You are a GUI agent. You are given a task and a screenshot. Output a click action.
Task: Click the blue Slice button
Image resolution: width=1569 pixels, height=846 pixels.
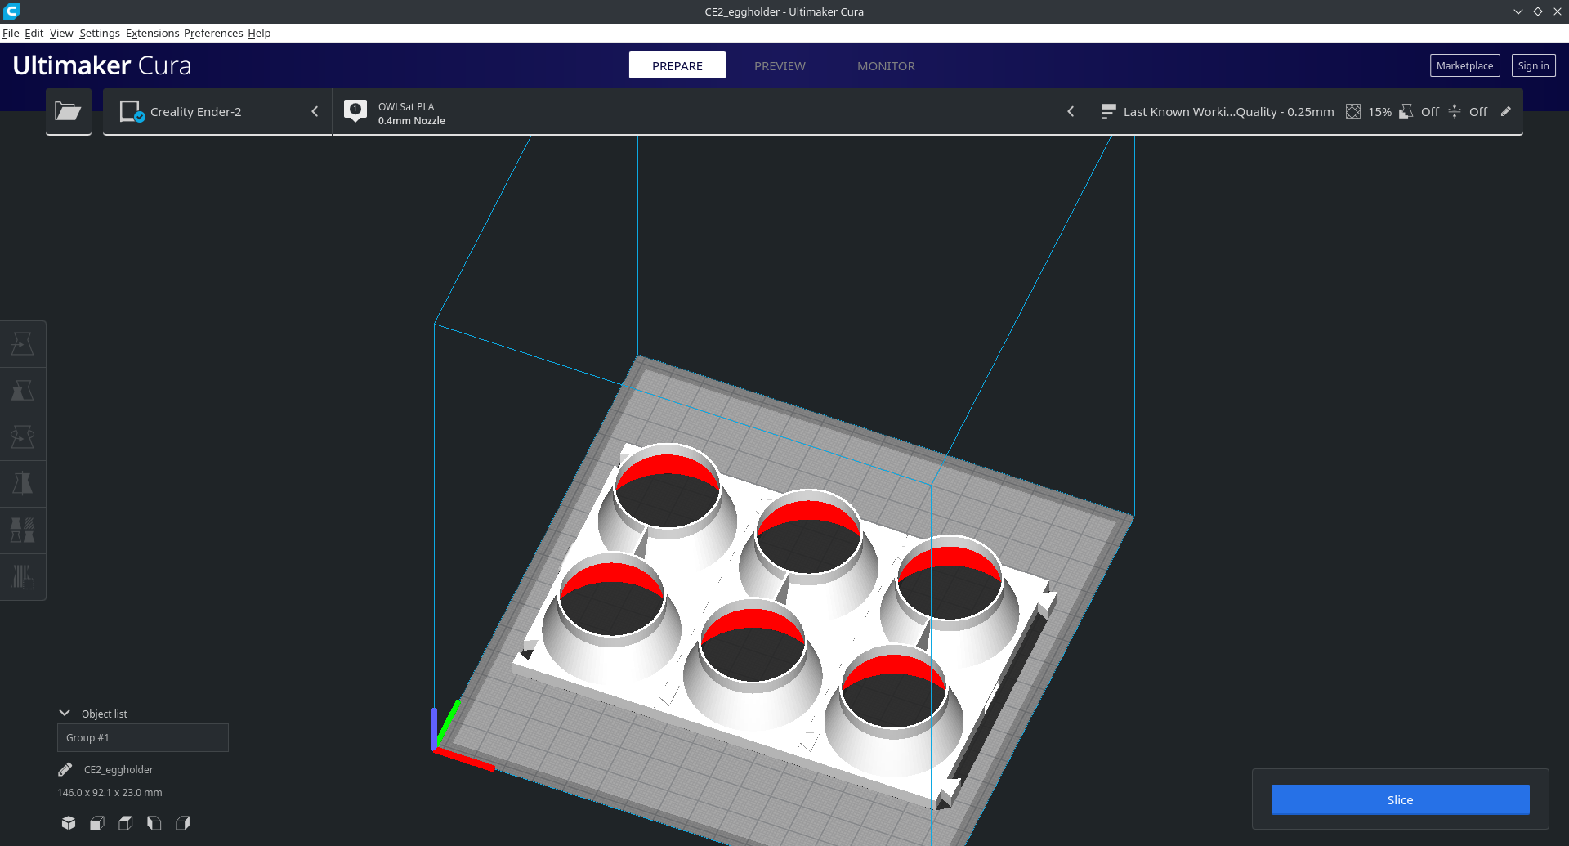[x=1400, y=799]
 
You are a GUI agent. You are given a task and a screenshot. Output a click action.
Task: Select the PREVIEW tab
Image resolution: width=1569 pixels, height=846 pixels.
[x=780, y=66]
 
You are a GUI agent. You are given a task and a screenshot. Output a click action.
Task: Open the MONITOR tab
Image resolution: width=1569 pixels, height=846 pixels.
[x=886, y=66]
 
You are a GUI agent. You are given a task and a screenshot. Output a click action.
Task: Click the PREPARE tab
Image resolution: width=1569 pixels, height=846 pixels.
[x=677, y=65]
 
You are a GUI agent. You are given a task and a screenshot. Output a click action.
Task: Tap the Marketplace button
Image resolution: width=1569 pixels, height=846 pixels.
[x=1464, y=65]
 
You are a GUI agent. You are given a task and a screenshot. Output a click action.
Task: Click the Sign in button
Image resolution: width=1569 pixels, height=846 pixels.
[x=1533, y=65]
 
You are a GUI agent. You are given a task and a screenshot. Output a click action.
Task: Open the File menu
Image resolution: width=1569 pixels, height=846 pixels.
[x=11, y=33]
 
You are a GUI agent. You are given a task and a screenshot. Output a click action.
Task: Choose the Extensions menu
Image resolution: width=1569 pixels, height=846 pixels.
[x=152, y=33]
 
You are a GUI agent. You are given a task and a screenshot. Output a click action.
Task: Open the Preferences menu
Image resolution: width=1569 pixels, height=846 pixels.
[x=213, y=33]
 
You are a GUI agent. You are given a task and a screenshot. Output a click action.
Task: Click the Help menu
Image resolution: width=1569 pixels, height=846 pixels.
[x=259, y=33]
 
